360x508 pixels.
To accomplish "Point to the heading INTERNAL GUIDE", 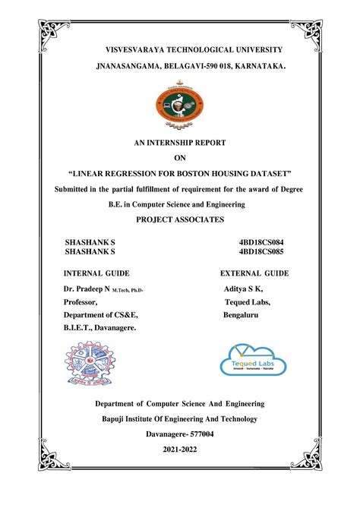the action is [x=96, y=273].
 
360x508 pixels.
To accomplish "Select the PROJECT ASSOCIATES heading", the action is [x=180, y=219].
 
